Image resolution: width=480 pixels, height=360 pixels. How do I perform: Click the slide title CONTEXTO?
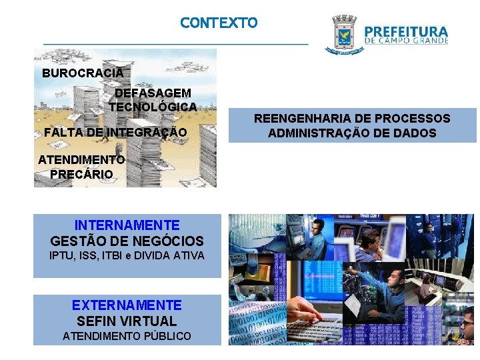tap(218, 23)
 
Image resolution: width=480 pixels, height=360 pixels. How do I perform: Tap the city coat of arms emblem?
tap(341, 35)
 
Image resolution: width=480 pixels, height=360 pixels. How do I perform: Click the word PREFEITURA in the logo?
tap(406, 31)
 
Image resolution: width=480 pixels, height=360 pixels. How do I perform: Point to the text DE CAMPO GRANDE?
tap(406, 41)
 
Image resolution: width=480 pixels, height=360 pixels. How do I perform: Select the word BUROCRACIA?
tap(83, 73)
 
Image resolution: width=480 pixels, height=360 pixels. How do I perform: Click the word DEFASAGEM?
tap(153, 93)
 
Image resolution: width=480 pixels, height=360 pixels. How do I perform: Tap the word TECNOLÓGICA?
tap(153, 107)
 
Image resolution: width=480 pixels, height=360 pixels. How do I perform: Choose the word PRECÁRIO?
tap(81, 174)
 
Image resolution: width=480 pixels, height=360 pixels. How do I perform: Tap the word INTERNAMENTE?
tap(127, 225)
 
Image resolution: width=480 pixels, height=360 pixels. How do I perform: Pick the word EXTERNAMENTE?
tap(127, 305)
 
